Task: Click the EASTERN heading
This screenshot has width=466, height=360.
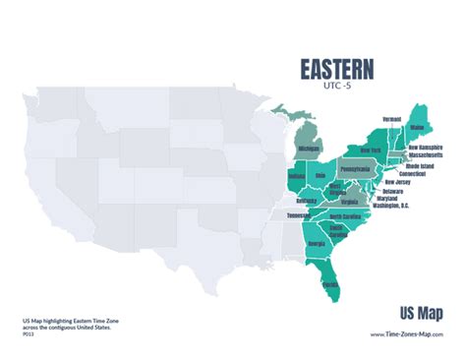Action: point(336,69)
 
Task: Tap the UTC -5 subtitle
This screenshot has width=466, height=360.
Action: point(335,87)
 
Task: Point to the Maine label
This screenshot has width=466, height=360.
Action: point(418,127)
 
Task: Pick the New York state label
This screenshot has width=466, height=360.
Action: point(370,150)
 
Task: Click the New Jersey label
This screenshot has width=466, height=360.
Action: point(397,182)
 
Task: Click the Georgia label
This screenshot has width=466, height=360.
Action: point(318,243)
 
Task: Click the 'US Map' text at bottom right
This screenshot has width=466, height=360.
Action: point(420,313)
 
